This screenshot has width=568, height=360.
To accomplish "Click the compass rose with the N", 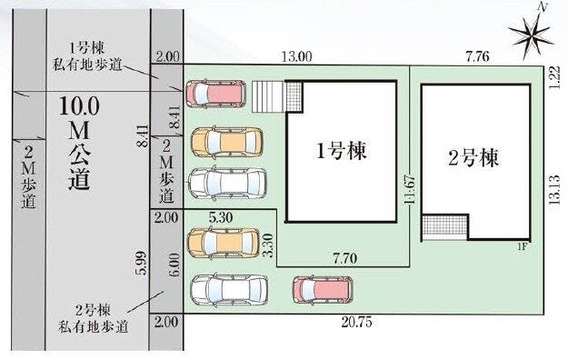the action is pyautogui.click(x=531, y=35).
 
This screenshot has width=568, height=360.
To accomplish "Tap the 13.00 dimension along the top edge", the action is pyautogui.click(x=296, y=56).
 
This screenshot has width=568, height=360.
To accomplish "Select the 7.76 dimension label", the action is pyautogui.click(x=477, y=56).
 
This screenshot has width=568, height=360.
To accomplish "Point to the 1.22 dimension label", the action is pyautogui.click(x=554, y=78).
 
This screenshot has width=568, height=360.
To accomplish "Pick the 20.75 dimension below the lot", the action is pyautogui.click(x=356, y=322).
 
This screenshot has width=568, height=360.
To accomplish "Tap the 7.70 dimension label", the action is pyautogui.click(x=344, y=258).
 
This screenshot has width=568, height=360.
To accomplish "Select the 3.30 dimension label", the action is pyautogui.click(x=268, y=245).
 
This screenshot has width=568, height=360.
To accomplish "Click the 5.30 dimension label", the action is pyautogui.click(x=221, y=217).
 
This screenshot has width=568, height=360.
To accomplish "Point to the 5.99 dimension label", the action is pyautogui.click(x=142, y=264).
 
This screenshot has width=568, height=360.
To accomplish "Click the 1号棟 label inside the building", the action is pyautogui.click(x=341, y=150).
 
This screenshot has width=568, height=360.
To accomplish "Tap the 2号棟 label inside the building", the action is pyautogui.click(x=473, y=157).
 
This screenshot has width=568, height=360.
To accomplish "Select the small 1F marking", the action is pyautogui.click(x=522, y=247).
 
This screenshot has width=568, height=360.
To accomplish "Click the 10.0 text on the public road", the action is pyautogui.click(x=79, y=106).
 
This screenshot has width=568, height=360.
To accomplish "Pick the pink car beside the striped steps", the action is pyautogui.click(x=216, y=94).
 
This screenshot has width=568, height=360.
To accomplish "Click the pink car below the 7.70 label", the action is pyautogui.click(x=323, y=290).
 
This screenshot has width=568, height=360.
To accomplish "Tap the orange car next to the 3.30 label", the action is pyautogui.click(x=224, y=244).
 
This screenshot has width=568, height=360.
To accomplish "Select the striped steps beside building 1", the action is pyautogui.click(x=269, y=96).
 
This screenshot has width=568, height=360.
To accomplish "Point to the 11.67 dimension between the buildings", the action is pyautogui.click(x=410, y=190).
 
